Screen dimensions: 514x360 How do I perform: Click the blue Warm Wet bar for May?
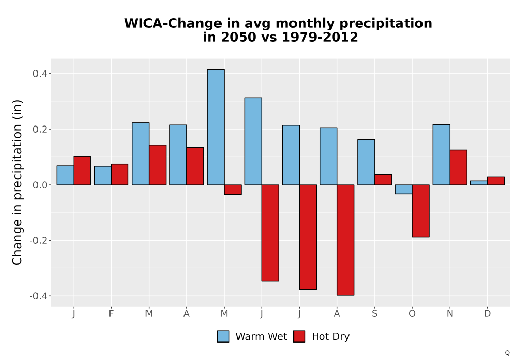click(216, 127)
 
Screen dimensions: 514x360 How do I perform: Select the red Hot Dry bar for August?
click(345, 240)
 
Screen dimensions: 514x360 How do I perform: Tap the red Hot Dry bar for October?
click(420, 211)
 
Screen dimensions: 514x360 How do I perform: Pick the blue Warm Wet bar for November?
click(441, 155)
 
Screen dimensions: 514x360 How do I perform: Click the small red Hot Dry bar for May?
click(233, 190)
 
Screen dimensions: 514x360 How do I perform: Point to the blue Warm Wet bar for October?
click(403, 189)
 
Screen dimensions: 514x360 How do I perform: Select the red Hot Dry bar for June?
click(270, 233)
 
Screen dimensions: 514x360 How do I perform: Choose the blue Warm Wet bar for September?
click(366, 163)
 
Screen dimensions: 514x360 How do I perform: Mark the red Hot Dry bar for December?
click(496, 181)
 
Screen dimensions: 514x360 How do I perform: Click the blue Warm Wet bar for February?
click(103, 175)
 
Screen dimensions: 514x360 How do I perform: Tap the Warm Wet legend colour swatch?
click(223, 336)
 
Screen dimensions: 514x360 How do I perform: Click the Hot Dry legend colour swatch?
click(299, 336)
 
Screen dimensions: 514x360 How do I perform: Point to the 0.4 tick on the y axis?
click(49, 74)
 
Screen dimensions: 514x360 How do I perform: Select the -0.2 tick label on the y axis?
click(39, 240)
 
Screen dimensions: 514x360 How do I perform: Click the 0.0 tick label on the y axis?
click(40, 185)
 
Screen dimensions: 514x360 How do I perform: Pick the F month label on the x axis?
click(111, 314)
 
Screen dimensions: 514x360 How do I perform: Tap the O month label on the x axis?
click(412, 314)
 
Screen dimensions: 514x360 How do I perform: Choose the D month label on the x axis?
click(487, 314)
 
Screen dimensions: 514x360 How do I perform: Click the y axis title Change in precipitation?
click(17, 182)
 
